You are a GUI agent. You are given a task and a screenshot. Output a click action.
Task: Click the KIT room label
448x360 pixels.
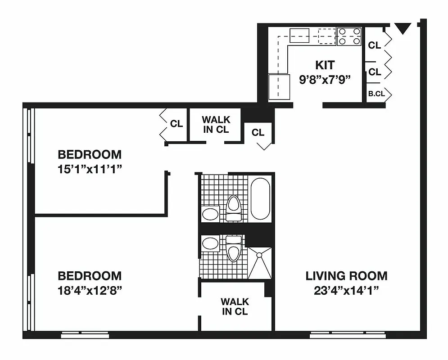pos(325,65)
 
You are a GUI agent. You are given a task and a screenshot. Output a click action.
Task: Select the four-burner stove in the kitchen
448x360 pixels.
pos(350,36)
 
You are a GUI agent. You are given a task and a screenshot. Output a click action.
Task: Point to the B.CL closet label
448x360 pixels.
pos(376,94)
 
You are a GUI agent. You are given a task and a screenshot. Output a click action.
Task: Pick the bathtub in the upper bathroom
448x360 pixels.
pos(260,198)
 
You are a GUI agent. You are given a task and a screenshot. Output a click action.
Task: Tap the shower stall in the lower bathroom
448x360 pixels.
pos(260,263)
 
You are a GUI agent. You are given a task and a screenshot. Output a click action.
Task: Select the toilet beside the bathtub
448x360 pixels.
pos(234,207)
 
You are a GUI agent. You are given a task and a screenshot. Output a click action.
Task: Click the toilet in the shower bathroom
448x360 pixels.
pos(233,250)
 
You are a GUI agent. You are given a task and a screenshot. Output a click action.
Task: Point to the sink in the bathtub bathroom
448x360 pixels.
pos(210,214)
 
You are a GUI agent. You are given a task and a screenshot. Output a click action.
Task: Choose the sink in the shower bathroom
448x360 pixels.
pos(210,244)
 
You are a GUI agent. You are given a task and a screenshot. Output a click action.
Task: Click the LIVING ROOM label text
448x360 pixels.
pos(346,275)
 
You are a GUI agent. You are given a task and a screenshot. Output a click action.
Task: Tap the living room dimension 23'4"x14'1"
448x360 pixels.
pos(346,290)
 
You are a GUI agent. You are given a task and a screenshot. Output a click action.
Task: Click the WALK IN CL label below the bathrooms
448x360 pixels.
pos(234,306)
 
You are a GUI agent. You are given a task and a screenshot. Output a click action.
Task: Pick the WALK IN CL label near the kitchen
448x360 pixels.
pos(216,125)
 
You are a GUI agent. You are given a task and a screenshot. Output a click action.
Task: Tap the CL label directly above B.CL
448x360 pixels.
pos(375,72)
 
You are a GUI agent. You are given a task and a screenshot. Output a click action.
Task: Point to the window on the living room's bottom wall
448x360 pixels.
pos(348,335)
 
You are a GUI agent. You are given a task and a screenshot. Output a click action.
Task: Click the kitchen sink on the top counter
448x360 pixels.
pos(299,34)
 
